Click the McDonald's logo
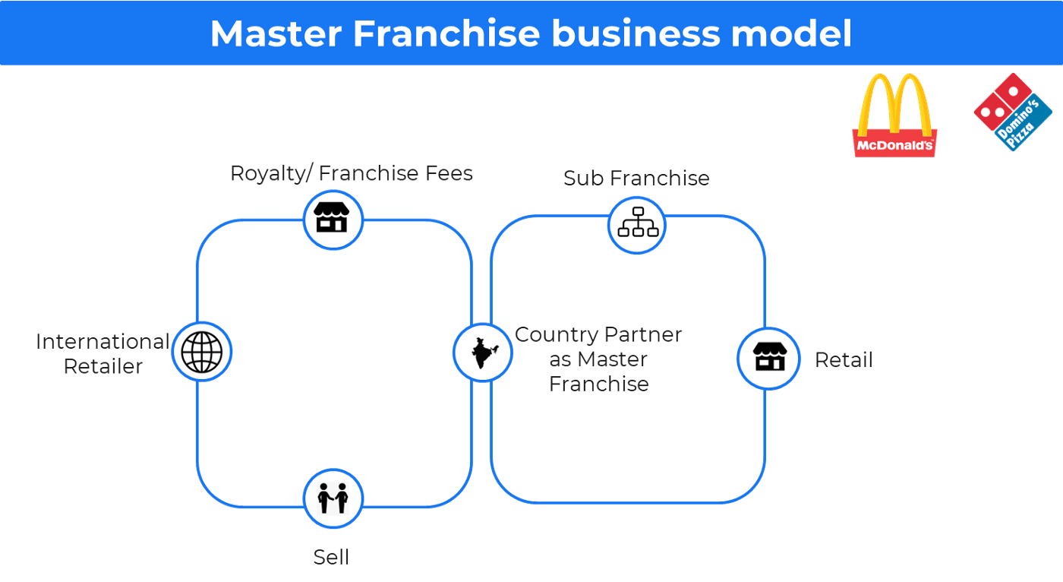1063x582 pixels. (x=894, y=115)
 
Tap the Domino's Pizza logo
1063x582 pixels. (x=1013, y=112)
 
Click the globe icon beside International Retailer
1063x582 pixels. (x=202, y=352)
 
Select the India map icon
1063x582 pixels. (x=484, y=353)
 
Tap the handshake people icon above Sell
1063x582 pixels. (x=333, y=498)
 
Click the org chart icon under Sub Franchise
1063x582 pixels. (x=638, y=222)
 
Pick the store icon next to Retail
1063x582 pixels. (x=770, y=356)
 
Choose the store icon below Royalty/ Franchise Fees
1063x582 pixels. (x=333, y=217)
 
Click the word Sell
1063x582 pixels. (x=331, y=558)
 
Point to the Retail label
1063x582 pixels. (x=844, y=360)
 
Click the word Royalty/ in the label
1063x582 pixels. (x=272, y=174)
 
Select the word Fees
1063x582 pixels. (x=449, y=173)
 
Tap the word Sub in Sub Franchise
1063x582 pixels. (x=584, y=179)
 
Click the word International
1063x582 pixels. (x=103, y=342)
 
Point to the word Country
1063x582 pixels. (x=556, y=335)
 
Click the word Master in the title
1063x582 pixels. (x=276, y=33)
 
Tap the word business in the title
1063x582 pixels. (x=636, y=33)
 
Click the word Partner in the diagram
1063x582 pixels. (x=643, y=334)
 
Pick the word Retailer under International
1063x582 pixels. (x=103, y=366)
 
